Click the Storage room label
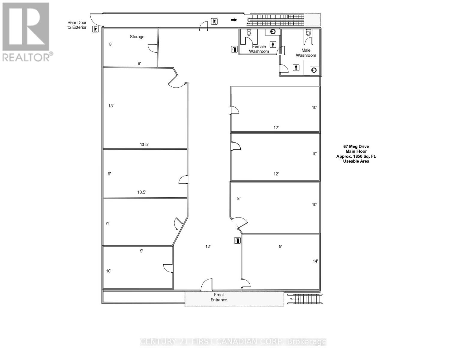click(x=137, y=37)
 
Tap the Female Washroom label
click(x=259, y=49)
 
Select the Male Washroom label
click(x=306, y=53)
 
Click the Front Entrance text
click(x=219, y=297)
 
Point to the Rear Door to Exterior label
click(x=77, y=25)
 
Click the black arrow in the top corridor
click(x=234, y=20)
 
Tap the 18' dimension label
click(x=111, y=106)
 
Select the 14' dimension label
click(x=315, y=261)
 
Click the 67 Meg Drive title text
click(x=356, y=147)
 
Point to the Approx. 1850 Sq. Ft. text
click(x=356, y=156)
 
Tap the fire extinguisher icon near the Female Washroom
click(x=234, y=49)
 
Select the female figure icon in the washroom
click(x=273, y=44)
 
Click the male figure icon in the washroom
click(x=296, y=68)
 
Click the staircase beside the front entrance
click(x=305, y=299)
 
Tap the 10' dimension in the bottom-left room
click(x=109, y=271)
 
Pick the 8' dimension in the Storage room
click(x=111, y=44)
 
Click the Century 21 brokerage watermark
click(x=233, y=342)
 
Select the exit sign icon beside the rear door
click(x=95, y=29)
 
